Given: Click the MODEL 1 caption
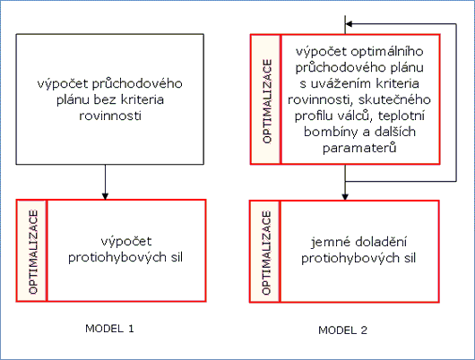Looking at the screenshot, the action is [109, 329].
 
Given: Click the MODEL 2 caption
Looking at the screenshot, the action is [342, 330].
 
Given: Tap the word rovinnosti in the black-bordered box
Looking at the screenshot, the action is [110, 116].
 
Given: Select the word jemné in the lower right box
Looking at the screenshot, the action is [330, 243].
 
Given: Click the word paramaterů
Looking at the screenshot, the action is [359, 148].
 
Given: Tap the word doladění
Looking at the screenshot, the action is [381, 242].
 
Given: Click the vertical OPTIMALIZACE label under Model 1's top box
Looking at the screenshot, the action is [33, 252].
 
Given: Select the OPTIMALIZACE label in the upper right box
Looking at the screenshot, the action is [267, 101].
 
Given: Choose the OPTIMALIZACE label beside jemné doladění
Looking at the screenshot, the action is [266, 253].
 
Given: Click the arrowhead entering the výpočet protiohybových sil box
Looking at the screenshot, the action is [105, 196].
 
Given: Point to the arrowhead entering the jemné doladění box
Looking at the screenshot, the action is [345, 196].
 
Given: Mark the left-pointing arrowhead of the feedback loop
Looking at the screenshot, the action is [349, 24].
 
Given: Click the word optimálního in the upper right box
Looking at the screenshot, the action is [387, 52].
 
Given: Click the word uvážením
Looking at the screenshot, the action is [340, 83].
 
